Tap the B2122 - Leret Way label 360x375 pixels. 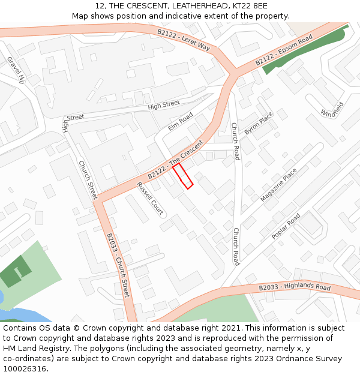[183, 40]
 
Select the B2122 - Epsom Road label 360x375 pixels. [284, 50]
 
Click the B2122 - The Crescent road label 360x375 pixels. [176, 158]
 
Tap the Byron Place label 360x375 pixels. [259, 123]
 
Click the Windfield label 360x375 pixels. [332, 109]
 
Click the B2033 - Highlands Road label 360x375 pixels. [295, 287]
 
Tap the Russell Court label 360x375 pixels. [151, 199]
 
